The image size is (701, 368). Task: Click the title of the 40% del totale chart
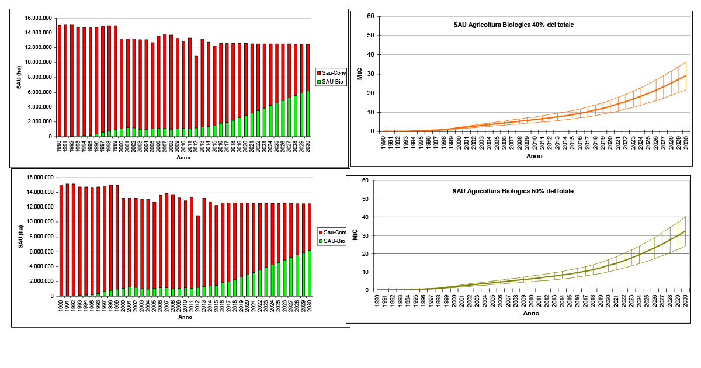(506, 25)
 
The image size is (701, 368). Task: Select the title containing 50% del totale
(505, 191)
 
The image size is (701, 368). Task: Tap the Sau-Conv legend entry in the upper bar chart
(334, 72)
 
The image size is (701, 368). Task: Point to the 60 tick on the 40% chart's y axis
(370, 16)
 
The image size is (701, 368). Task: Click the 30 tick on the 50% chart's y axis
(365, 235)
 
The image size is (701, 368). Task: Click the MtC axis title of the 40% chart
(360, 74)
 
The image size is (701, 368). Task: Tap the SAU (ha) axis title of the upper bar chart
(19, 78)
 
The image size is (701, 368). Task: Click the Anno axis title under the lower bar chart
(185, 317)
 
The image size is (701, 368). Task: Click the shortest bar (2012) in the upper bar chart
(196, 96)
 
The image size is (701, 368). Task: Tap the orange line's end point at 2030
(686, 76)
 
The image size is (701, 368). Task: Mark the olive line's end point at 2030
(685, 232)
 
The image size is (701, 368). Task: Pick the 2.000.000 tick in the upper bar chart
(39, 121)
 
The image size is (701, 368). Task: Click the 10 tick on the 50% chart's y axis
(365, 272)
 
